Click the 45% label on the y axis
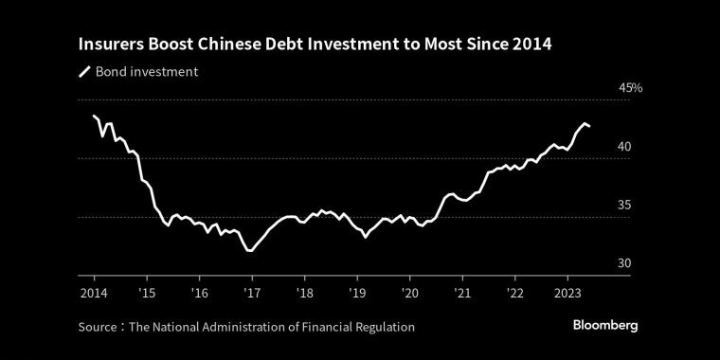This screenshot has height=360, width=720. [630, 88]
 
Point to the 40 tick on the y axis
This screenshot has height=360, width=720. [624, 147]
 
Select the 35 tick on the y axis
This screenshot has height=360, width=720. [624, 205]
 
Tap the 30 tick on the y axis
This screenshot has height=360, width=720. [624, 263]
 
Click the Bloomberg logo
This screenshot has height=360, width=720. [605, 325]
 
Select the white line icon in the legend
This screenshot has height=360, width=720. [84, 72]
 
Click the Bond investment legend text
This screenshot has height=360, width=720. [147, 72]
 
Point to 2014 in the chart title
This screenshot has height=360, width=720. [531, 45]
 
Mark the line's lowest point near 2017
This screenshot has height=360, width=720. [249, 251]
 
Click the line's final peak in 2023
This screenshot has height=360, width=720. [585, 123]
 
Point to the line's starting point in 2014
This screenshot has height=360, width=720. [94, 116]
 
